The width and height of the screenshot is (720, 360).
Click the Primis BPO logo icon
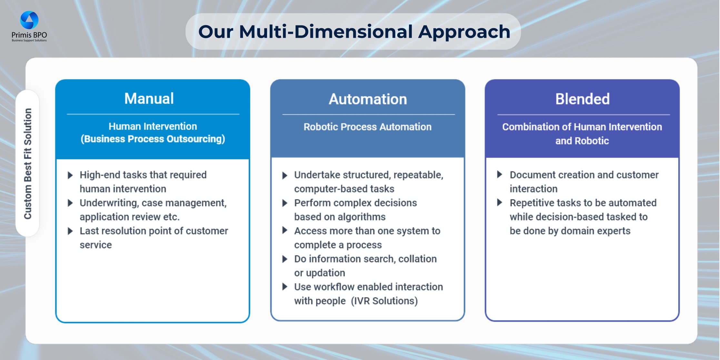tap(29, 20)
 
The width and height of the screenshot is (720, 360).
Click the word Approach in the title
tap(464, 32)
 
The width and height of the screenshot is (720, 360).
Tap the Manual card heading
tap(149, 98)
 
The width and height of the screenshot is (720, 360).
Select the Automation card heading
tap(368, 99)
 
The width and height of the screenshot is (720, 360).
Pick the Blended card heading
tap(582, 99)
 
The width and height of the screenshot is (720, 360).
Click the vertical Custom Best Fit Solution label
tap(28, 164)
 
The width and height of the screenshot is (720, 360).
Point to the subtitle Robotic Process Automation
tap(367, 127)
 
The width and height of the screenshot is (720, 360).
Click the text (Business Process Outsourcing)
tap(153, 139)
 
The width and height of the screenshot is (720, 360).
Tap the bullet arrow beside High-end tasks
tap(70, 175)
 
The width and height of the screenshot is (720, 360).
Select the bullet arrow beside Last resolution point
tap(70, 231)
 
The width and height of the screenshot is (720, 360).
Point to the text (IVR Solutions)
tap(384, 301)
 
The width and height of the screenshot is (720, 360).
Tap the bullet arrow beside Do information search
tap(285, 259)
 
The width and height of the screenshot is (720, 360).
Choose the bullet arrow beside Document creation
tap(500, 175)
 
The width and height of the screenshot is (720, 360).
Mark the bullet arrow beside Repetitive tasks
tap(500, 203)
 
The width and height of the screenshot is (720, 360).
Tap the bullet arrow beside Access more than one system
tap(285, 230)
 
